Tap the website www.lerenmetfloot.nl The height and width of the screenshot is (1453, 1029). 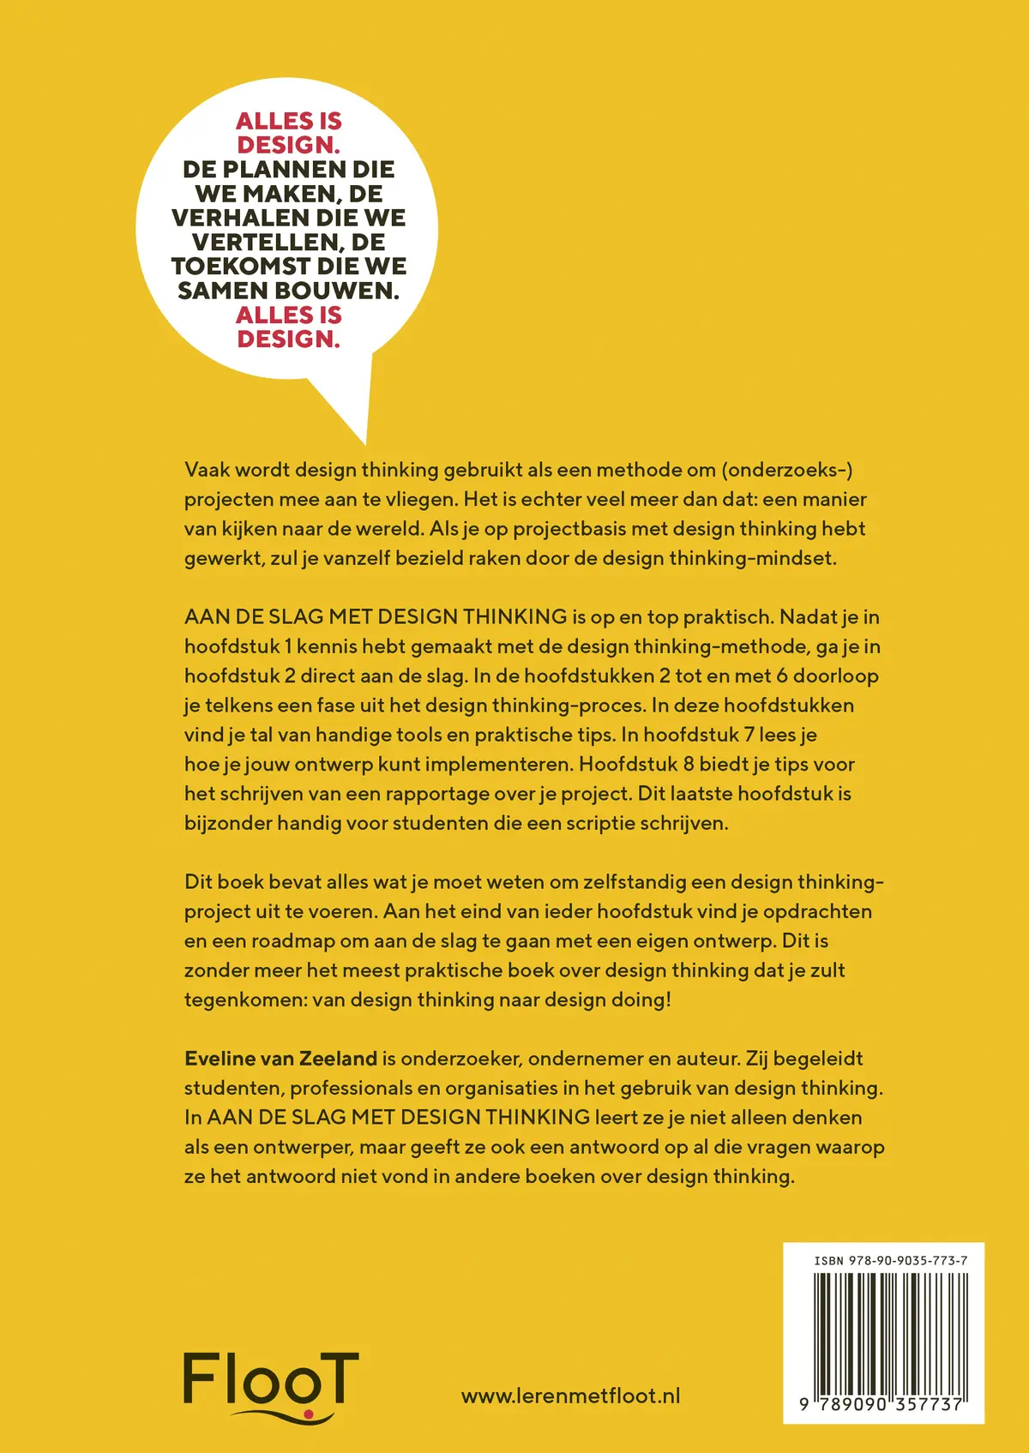point(570,1396)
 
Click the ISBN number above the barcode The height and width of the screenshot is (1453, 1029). point(891,1261)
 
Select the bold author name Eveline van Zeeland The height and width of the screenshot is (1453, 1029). point(280,1059)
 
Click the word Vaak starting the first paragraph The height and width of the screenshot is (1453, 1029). point(206,470)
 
